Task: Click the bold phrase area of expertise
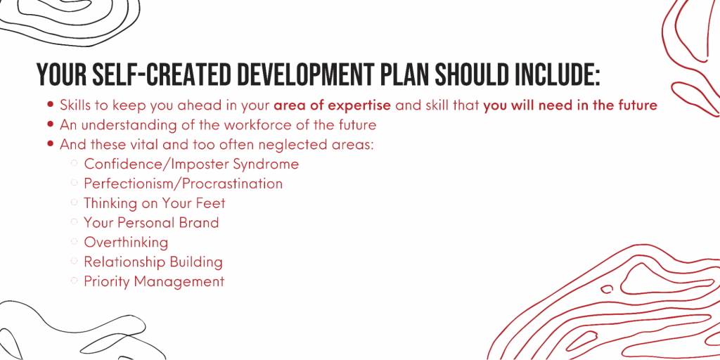[333, 105]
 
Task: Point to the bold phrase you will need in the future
[570, 105]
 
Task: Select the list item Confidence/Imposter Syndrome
[191, 165]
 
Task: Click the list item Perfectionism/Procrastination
[183, 184]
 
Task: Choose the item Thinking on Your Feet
[154, 203]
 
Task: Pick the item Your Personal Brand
[151, 223]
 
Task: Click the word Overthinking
[126, 243]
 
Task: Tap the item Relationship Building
[153, 262]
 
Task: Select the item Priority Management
[154, 281]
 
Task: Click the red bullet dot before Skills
[51, 105]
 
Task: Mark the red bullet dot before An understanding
[51, 124]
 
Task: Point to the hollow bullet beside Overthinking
[75, 241]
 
